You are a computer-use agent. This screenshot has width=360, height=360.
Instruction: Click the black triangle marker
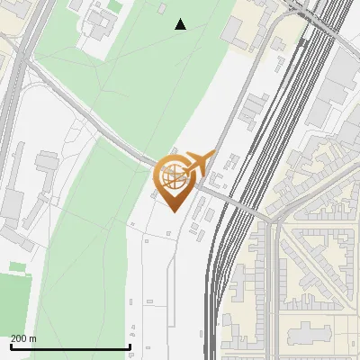click(x=181, y=24)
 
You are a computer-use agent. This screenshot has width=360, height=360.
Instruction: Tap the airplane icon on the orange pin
click(x=200, y=164)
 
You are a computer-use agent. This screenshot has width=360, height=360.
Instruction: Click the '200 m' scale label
click(x=24, y=338)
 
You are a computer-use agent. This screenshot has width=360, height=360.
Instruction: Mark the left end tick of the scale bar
click(x=10, y=346)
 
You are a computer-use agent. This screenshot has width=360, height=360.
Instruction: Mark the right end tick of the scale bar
click(x=130, y=346)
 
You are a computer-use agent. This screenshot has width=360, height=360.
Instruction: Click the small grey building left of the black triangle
click(x=162, y=8)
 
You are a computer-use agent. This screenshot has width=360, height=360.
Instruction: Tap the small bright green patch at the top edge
click(x=115, y=6)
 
